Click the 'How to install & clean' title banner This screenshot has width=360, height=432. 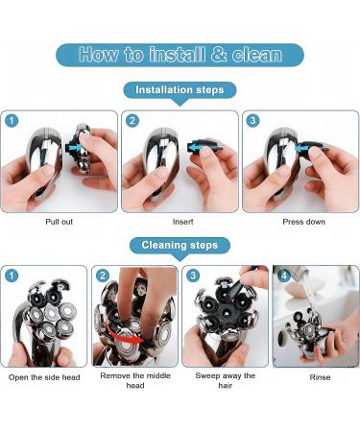tap(180, 55)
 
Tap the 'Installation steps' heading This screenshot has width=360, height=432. tap(180, 90)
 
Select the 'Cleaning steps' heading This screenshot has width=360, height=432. tap(180, 246)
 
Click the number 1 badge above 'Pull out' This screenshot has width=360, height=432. tap(12, 121)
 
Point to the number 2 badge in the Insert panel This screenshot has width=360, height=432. tap(132, 121)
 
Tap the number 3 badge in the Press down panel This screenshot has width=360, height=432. tap(252, 121)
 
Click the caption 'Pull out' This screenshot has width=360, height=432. tap(59, 222)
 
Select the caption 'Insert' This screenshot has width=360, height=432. tap(183, 222)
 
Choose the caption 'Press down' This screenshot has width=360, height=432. tap(303, 222)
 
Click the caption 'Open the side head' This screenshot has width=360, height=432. tap(44, 377)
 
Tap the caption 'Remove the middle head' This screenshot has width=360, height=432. tap(135, 380)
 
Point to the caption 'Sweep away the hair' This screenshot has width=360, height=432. tap(226, 380)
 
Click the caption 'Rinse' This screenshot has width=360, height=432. tap(320, 377)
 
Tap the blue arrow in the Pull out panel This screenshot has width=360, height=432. tap(76, 147)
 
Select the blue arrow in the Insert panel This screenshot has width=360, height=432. tap(197, 147)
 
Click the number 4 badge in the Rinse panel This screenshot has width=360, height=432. tap(283, 276)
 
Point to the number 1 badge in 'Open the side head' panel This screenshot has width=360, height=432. tap(12, 276)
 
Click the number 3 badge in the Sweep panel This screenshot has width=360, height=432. tap(193, 276)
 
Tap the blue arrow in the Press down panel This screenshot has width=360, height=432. tap(301, 148)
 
